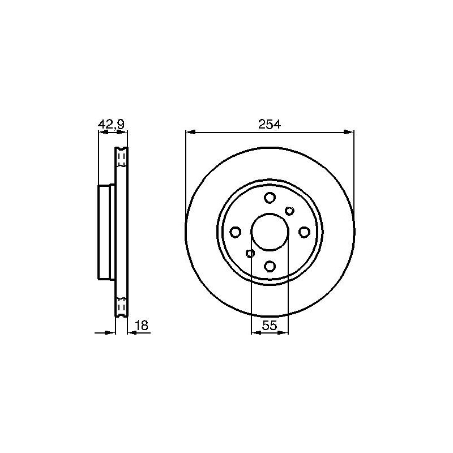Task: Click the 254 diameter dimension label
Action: pos(270,124)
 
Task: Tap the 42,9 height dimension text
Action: pos(111,125)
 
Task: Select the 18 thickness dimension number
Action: pos(142,325)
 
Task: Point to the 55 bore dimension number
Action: pos(270,326)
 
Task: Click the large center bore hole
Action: pos(270,232)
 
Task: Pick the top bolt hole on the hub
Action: pos(270,198)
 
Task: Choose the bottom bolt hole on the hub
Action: pos(270,266)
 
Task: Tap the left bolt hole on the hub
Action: pos(236,232)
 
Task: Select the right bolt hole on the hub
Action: pos(304,232)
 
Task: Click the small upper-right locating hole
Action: pos(289,211)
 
